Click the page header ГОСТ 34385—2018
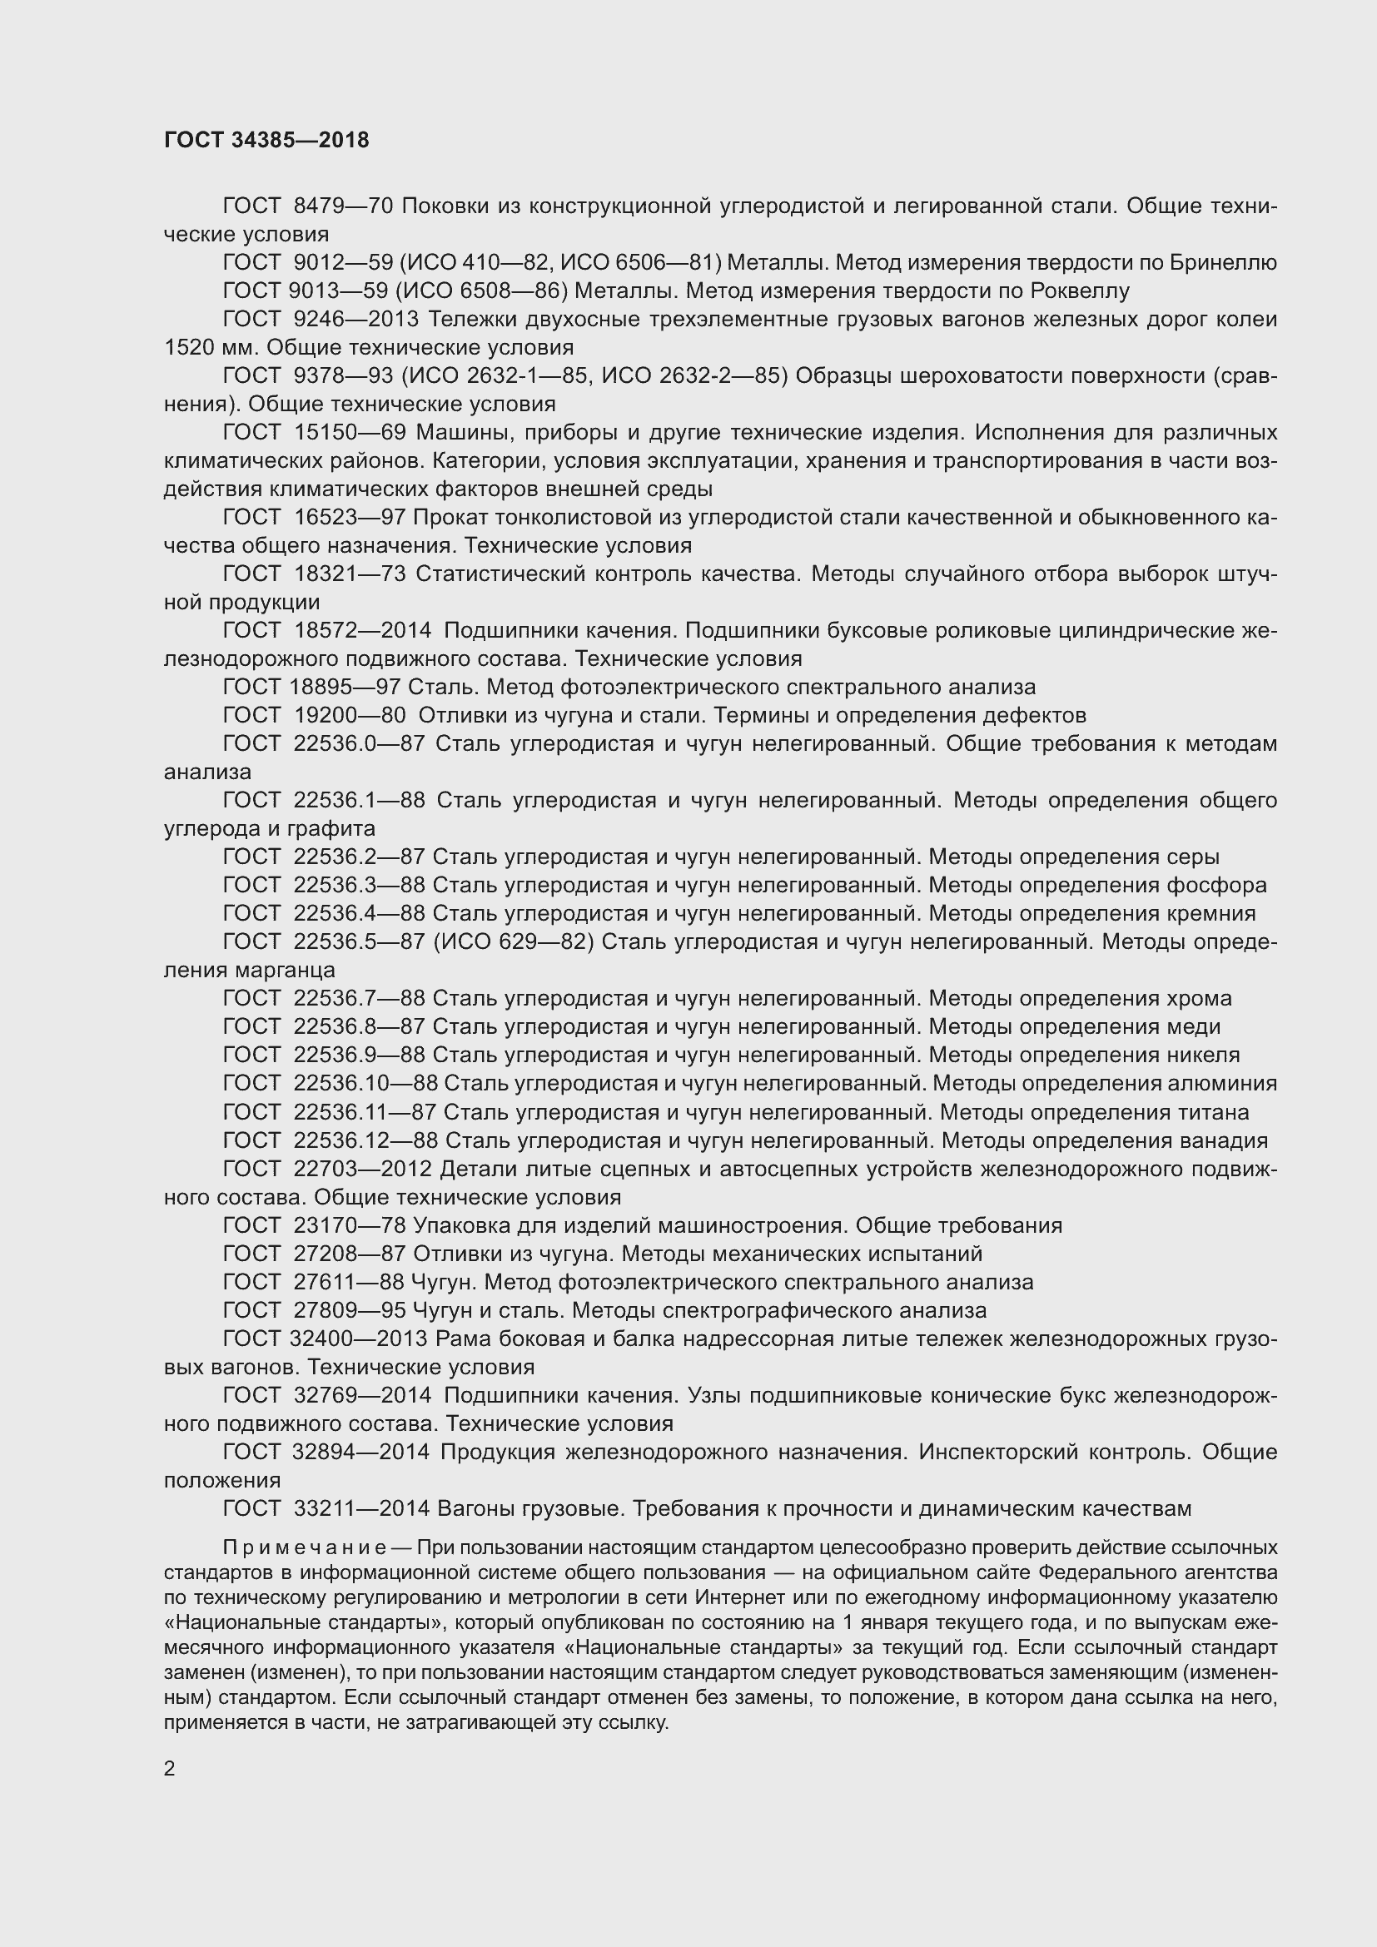click(x=266, y=141)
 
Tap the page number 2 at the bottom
click(x=170, y=1768)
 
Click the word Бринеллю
click(x=1223, y=263)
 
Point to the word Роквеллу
click(x=1081, y=291)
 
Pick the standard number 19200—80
click(x=350, y=715)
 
